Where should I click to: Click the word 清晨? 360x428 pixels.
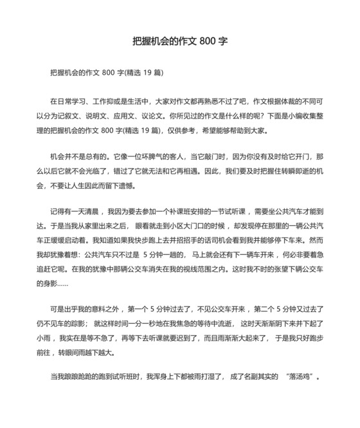(92, 211)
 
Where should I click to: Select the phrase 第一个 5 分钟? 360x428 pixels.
(146, 307)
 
